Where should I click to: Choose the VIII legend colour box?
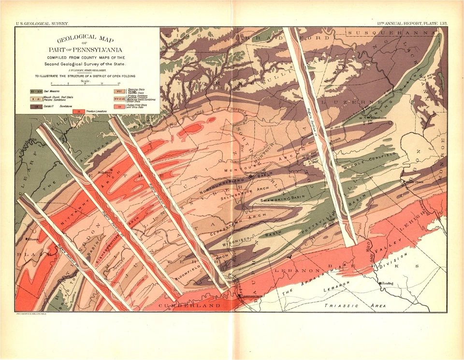(119, 91)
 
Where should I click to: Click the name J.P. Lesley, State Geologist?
(87, 70)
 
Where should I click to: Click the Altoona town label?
(33, 239)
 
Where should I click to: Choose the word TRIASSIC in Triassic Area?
(341, 305)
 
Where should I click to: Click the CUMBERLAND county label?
(191, 306)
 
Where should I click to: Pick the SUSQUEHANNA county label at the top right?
(391, 33)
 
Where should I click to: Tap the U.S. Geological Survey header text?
(42, 23)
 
